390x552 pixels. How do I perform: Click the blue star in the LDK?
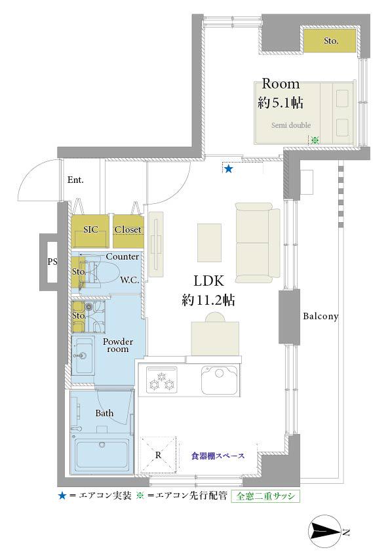point(229,169)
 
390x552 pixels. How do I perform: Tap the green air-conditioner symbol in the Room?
point(315,140)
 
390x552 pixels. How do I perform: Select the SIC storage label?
point(90,229)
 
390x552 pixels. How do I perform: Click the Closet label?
point(128,229)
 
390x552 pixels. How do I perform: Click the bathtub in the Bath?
point(102,454)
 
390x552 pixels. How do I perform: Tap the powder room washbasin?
point(83,355)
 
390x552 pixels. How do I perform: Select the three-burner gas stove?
point(161,380)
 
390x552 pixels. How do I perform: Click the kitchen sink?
point(220,380)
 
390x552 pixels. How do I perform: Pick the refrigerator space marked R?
point(159,455)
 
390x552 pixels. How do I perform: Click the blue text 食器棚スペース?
point(218,456)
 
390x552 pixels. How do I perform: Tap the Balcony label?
point(321,316)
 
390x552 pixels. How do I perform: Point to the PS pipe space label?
point(52,262)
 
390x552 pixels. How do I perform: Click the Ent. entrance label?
point(75,180)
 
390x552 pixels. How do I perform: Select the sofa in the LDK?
point(258,243)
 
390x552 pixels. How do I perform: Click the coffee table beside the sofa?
point(210,243)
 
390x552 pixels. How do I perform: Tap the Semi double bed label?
point(291,125)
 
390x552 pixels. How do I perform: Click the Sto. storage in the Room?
point(330,41)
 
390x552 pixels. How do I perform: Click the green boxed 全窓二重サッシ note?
point(265,496)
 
